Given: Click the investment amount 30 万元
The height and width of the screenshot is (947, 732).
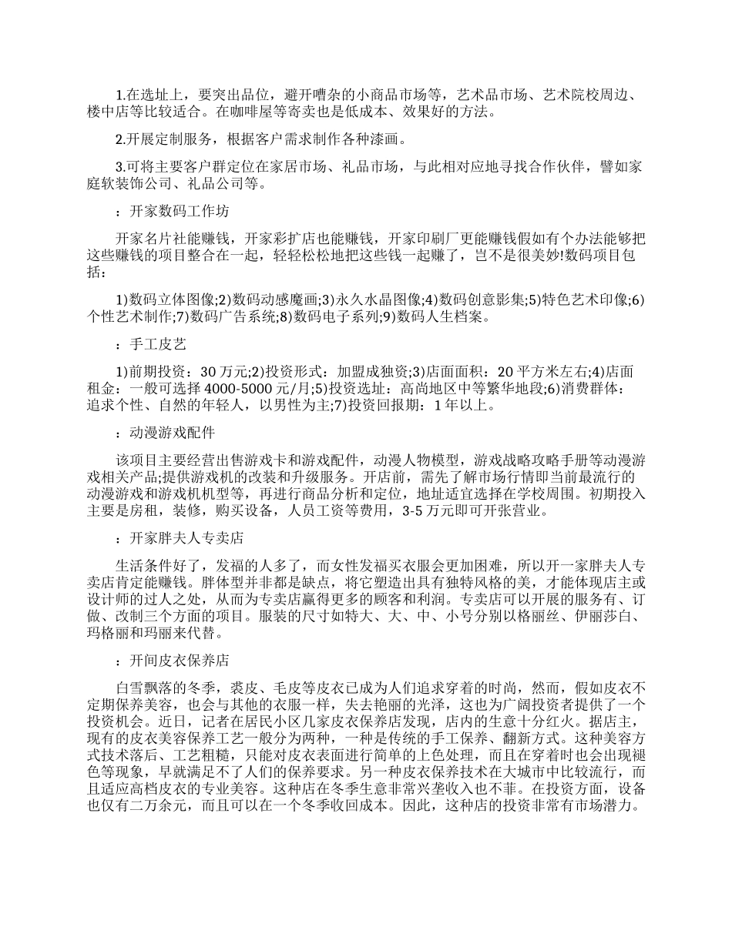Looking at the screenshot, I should (223, 371).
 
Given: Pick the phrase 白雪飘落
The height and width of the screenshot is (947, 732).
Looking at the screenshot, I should (143, 688).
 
